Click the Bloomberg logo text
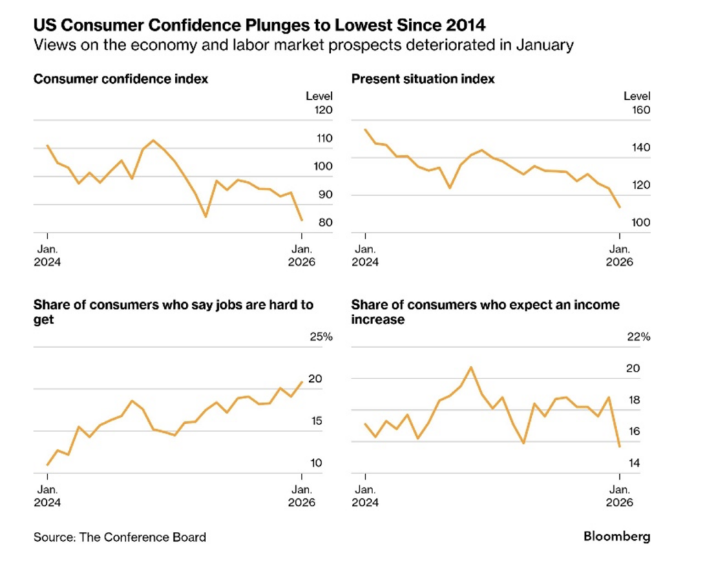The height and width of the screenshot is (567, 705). [616, 536]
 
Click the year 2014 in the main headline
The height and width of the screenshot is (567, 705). [462, 26]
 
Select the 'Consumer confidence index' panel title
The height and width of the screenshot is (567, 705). [120, 79]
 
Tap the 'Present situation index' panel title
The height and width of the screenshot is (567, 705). [423, 79]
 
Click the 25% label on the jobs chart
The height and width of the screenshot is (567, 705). [320, 336]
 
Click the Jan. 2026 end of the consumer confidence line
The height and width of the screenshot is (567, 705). [302, 220]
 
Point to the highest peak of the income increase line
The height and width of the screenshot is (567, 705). [471, 367]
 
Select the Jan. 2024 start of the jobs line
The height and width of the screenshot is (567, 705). [47, 465]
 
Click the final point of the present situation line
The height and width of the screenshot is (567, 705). [620, 206]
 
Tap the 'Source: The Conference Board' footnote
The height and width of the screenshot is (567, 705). [120, 537]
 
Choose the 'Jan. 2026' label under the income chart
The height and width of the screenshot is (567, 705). [620, 495]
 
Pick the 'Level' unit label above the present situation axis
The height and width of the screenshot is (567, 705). [637, 96]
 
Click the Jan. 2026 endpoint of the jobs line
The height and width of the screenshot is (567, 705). [302, 382]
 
